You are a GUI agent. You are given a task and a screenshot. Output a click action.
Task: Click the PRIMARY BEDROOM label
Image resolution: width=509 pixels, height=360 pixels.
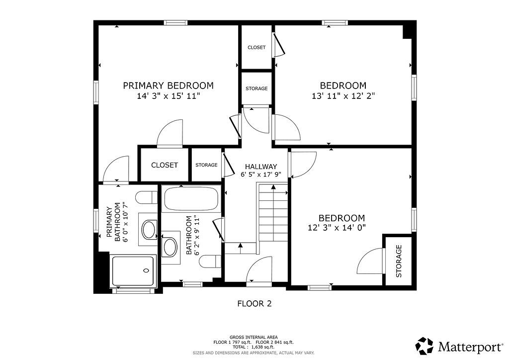168,86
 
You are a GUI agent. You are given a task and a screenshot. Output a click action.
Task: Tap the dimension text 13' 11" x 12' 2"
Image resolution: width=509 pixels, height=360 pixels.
343,96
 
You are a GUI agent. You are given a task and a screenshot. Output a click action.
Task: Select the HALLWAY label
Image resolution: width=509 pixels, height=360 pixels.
261,167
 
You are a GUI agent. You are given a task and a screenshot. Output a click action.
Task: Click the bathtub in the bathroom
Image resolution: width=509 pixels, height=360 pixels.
190,198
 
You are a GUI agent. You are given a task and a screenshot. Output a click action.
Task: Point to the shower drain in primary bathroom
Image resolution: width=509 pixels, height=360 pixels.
146,270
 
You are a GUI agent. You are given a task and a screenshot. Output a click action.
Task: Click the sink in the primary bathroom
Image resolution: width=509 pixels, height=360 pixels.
149,229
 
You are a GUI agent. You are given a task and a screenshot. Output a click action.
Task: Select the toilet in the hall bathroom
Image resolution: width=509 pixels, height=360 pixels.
210,262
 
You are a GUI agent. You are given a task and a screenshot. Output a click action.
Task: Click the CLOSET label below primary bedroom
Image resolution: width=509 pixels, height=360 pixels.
165,165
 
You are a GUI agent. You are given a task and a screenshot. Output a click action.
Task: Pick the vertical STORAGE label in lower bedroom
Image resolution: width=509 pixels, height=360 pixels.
399,261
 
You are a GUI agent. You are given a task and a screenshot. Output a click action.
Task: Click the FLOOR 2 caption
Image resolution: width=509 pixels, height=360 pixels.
254,304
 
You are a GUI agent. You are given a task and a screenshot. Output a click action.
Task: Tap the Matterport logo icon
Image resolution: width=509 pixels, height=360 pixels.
425,346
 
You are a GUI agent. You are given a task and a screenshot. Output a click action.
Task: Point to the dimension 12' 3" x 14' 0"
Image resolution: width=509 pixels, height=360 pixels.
337,228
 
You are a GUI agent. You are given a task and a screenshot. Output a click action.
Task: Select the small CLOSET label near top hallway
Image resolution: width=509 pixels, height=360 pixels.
256,47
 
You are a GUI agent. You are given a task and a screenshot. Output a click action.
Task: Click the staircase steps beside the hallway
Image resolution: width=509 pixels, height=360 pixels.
273,213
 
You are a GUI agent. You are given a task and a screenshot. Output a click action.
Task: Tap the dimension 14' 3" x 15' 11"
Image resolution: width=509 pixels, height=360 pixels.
168,96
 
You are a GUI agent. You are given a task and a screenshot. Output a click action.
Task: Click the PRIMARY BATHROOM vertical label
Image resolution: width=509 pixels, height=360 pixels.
114,222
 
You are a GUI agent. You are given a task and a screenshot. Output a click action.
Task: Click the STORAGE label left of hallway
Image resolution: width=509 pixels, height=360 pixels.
206,165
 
